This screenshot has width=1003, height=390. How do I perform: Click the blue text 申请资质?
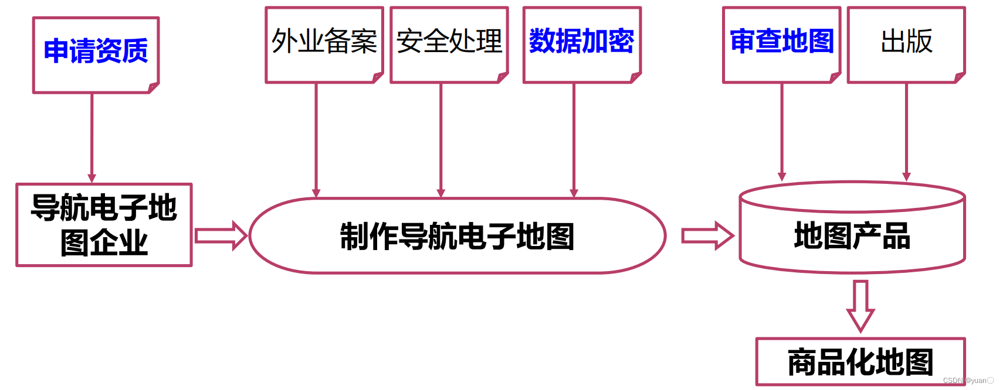[x=96, y=51]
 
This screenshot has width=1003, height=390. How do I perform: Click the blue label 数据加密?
[x=581, y=42]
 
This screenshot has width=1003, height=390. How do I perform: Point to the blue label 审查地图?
[x=781, y=42]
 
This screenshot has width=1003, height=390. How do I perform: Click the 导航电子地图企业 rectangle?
[x=104, y=225]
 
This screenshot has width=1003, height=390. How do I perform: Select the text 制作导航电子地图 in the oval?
[x=457, y=237]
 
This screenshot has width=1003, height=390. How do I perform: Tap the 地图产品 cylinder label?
[x=852, y=236]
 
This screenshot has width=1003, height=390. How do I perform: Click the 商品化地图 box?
[x=860, y=362]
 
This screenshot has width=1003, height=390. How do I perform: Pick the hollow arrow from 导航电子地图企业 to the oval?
[x=221, y=236]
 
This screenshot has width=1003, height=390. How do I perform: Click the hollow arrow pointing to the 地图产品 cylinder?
[x=707, y=236]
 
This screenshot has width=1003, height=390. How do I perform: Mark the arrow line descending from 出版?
[x=906, y=132]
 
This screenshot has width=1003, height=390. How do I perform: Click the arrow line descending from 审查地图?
[x=782, y=132]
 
